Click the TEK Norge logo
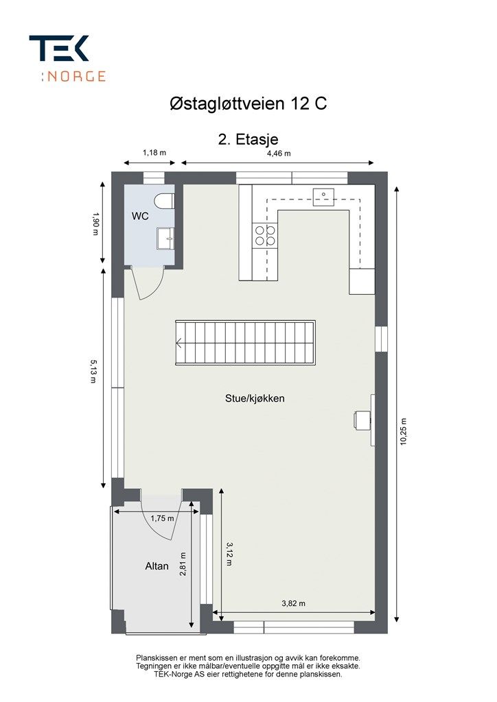67,59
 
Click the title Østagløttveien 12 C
248,104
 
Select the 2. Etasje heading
248,139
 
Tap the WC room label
140,216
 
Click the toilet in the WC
164,201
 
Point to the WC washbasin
166,238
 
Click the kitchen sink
323,197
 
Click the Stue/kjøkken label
255,398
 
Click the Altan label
157,566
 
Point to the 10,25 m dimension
404,432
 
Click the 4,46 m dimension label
279,154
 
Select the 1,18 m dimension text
154,153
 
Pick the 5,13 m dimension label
93,370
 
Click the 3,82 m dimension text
294,603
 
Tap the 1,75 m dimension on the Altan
162,518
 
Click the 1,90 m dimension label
94,224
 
